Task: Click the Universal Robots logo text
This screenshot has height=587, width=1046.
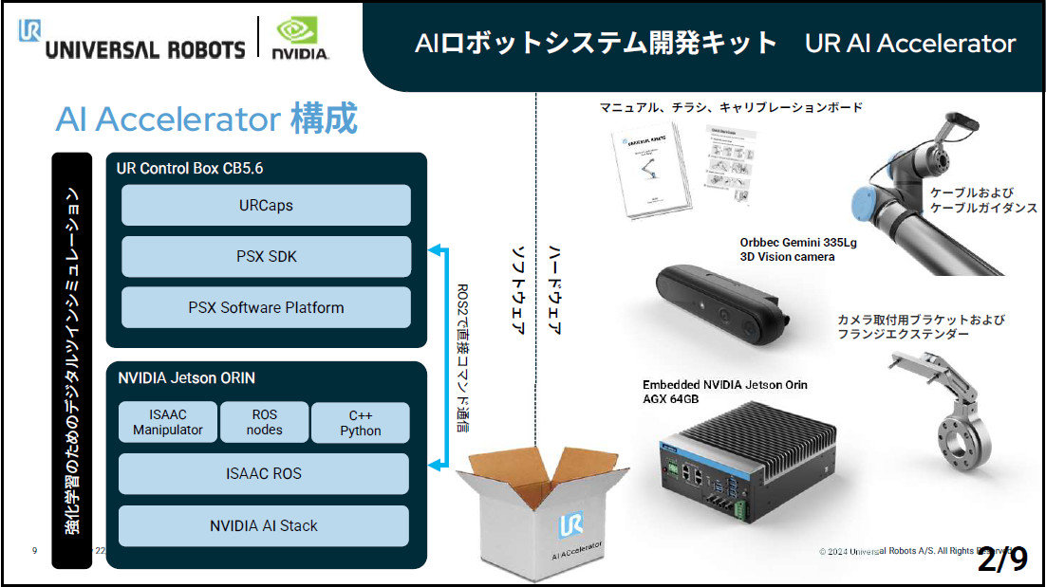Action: [x=144, y=48]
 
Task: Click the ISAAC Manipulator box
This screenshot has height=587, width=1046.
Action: [x=167, y=422]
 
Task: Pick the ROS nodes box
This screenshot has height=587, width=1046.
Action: [x=264, y=422]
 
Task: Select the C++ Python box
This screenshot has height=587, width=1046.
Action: [x=360, y=423]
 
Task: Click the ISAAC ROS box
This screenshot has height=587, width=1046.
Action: [x=264, y=473]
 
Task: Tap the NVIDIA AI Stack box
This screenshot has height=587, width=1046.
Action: [x=264, y=525]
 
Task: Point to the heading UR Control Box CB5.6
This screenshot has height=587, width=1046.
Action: [x=190, y=169]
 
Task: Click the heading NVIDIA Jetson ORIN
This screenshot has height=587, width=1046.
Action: [x=186, y=377]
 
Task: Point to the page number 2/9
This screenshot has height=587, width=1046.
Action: [x=1002, y=559]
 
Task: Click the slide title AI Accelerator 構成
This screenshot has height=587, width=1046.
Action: [x=206, y=119]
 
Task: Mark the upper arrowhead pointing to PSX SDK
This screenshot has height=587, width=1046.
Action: [x=434, y=250]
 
